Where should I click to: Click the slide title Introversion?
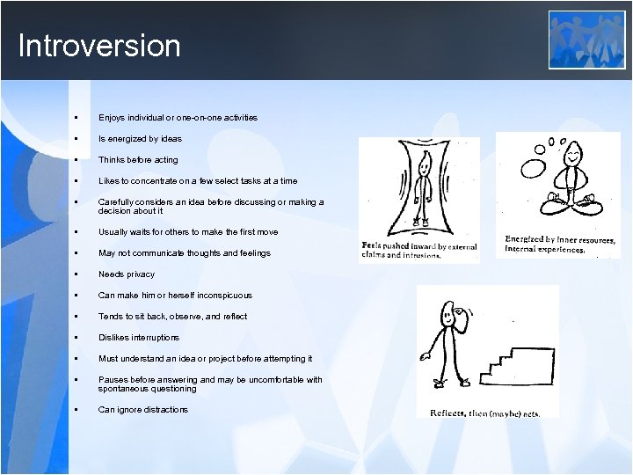point(98,46)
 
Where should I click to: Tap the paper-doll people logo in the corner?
point(586,40)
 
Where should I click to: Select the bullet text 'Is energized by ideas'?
point(140,139)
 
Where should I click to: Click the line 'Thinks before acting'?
point(138,160)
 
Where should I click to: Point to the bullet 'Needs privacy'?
point(126,274)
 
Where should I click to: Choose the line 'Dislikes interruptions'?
point(138,338)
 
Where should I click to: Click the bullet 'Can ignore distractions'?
point(142,410)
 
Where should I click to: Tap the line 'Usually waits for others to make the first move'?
point(188,232)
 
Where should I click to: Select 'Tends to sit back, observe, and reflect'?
point(172,317)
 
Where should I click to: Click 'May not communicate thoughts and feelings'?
point(185,253)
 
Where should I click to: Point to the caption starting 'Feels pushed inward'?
point(418,249)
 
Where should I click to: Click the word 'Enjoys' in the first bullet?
point(112,118)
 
